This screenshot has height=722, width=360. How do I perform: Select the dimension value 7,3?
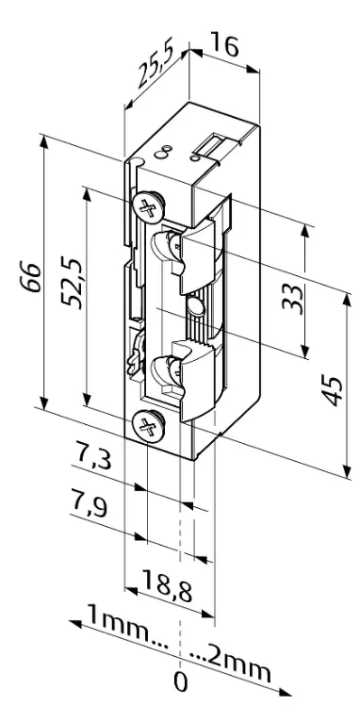click(93, 462)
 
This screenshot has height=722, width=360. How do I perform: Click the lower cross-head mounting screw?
click(147, 427)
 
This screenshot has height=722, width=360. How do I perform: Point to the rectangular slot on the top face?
click(211, 145)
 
